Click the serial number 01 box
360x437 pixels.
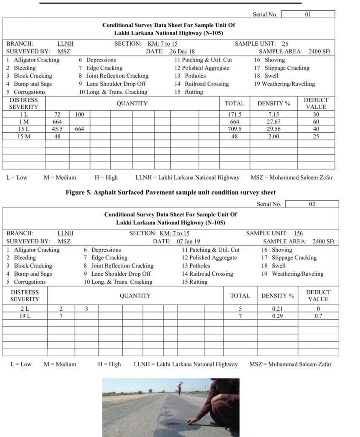308,14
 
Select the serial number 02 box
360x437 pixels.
312,204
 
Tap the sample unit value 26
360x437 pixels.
285,44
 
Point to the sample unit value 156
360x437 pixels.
298,233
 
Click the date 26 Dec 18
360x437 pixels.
182,52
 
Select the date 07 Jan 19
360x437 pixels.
189,242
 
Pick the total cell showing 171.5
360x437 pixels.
235,114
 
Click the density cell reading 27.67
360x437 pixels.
273,122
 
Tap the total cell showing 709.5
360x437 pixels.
235,129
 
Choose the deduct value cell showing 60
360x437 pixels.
316,122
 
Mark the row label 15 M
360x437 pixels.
24,137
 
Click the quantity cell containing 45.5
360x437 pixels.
57,129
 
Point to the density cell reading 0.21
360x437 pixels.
277,309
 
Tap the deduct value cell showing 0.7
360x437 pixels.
318,316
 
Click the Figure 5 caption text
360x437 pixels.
171,192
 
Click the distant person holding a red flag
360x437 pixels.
180,387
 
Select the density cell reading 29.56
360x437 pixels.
273,129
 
